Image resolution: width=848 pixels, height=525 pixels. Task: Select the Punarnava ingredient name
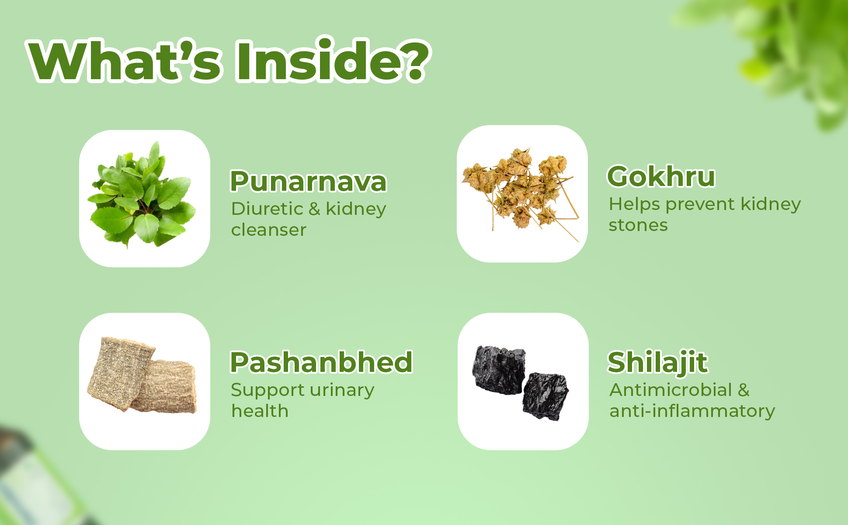pos(309,181)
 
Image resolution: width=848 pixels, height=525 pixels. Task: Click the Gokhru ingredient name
pos(661,176)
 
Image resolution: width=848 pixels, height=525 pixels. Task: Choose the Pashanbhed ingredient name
pos(321,362)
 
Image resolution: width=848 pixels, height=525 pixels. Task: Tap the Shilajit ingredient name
pos(657,362)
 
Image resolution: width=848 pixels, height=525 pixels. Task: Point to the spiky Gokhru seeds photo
pos(520,192)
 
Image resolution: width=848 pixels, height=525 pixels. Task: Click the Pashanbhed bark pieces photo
pos(142,375)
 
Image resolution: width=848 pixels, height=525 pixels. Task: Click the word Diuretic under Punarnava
pos(267,209)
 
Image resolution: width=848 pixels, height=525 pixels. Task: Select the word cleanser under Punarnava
pos(269,230)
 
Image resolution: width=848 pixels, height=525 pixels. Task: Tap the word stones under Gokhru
pos(638,225)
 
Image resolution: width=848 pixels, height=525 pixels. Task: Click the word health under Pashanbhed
pos(260,411)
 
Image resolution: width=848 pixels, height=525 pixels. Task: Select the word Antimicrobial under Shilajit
pos(671,390)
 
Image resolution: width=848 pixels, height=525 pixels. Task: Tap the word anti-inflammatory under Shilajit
pos(692,411)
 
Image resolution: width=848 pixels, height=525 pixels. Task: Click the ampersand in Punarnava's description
pos(314,209)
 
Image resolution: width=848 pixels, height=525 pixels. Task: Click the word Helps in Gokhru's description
pos(634,204)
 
